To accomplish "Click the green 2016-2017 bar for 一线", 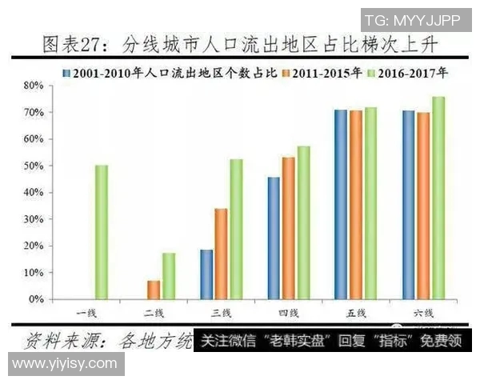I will click(101, 232).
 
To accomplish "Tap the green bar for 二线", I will click(168, 276).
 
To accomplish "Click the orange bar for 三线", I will click(221, 254).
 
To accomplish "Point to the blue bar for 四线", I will click(274, 238).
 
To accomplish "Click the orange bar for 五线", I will click(356, 204).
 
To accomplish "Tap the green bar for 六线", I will click(438, 198).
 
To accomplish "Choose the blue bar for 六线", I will click(409, 204).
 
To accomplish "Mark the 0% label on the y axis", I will click(34, 299).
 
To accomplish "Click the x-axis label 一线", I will click(86, 311).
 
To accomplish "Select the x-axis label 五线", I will click(356, 311).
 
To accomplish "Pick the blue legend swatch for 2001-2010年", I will click(66, 72).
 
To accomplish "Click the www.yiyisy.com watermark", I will click(64, 364).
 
